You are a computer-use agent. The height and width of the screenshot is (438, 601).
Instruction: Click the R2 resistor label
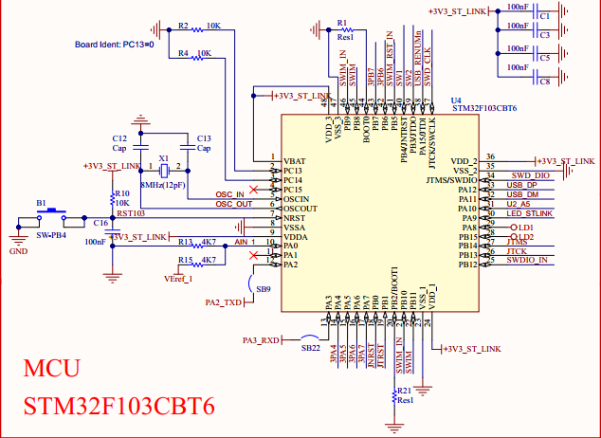[x=184, y=26]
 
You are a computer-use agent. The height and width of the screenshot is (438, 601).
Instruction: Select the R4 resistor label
[x=184, y=54]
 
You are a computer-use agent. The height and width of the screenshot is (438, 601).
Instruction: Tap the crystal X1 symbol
[x=164, y=170]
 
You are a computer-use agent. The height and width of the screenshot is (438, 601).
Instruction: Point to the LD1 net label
[x=527, y=228]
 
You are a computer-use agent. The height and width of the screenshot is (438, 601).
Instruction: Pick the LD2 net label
[x=527, y=237]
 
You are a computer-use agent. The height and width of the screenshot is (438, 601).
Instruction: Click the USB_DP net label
[x=522, y=185]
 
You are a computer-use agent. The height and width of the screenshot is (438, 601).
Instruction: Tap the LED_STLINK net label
[x=529, y=213]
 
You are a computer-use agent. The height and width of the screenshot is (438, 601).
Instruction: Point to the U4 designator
[x=457, y=100]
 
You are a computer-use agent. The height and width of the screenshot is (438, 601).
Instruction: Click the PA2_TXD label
[x=224, y=302]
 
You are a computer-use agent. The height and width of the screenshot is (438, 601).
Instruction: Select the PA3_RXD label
[x=261, y=339]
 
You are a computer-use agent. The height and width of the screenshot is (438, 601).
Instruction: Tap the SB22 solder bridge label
[x=310, y=349]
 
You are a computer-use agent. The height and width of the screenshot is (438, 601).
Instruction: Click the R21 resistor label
[x=405, y=391]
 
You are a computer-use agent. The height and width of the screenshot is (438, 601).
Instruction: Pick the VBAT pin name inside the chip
[x=294, y=160]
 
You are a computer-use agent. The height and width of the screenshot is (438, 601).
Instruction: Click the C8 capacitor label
[x=544, y=82]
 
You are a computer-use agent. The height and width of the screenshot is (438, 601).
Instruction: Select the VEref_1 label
[x=177, y=279]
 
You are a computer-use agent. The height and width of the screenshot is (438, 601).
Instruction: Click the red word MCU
[x=52, y=369]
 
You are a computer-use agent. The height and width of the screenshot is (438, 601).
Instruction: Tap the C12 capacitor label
[x=119, y=137]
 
